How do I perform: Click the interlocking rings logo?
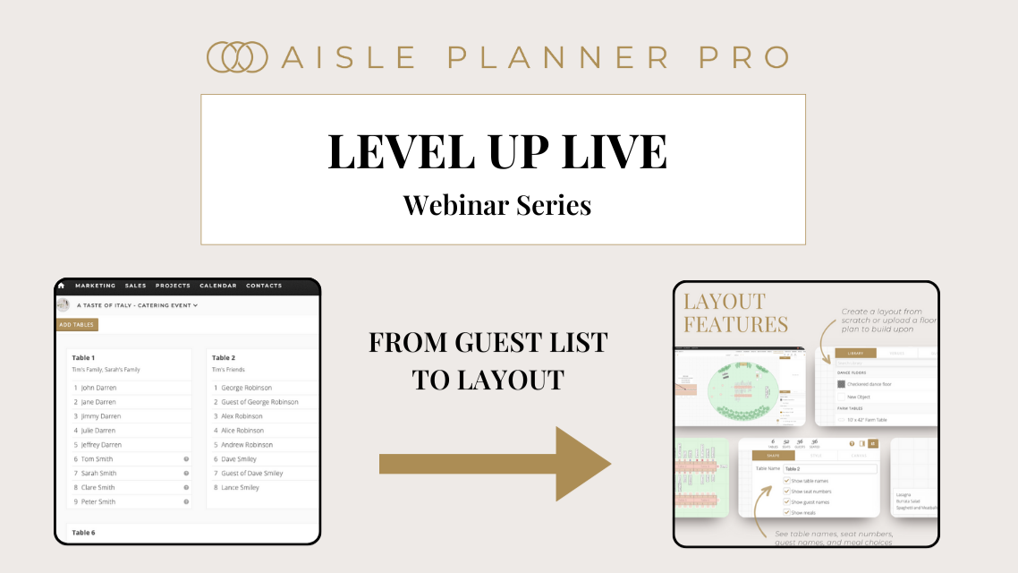coord(237,56)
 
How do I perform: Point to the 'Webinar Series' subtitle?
coord(496,205)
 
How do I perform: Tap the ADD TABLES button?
coord(77,325)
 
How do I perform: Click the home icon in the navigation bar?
coord(61,286)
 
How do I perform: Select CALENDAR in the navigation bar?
coord(218,286)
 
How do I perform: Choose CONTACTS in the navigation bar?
coord(264,286)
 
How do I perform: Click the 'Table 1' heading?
coord(84,357)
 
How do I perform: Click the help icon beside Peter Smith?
coord(186,502)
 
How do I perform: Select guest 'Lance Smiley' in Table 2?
coord(241,488)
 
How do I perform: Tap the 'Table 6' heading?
coord(84,533)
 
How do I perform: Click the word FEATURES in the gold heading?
coord(735,324)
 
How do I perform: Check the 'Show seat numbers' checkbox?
coord(786,492)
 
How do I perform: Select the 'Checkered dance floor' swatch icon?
coord(841,384)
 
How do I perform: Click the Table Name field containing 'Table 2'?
coord(829,468)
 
